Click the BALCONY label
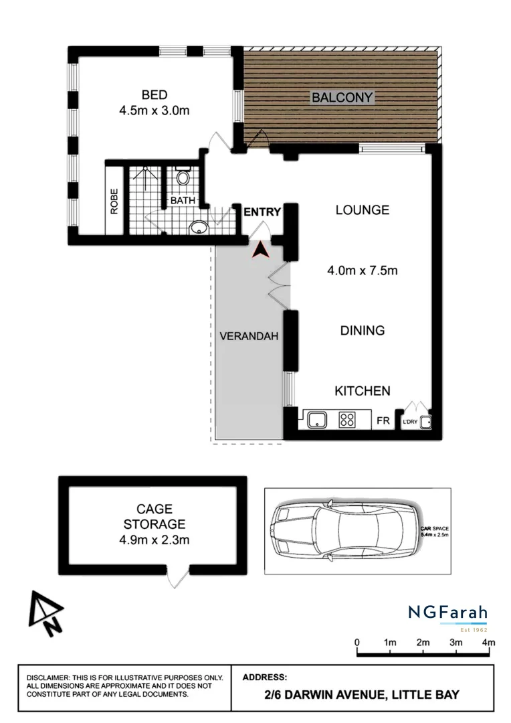pos(342,98)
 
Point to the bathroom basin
pos(199,228)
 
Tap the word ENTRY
pos(262,212)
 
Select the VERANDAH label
pos(249,337)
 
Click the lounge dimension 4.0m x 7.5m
pos(362,270)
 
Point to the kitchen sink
pos(316,420)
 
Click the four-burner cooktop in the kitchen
pos(347,420)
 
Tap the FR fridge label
pos(383,422)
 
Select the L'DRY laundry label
pos(409,422)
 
